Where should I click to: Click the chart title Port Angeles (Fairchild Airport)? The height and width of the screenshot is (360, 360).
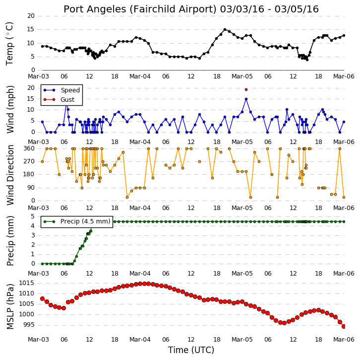[x=140, y=9]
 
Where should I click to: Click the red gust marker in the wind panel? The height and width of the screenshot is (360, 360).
[x=246, y=90]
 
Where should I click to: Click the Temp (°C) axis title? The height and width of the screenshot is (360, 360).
[x=9, y=44]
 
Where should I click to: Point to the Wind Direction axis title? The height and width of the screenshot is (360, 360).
[x=10, y=175]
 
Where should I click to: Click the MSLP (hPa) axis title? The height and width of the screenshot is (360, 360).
[x=10, y=307]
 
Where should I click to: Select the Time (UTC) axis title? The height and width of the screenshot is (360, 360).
[x=191, y=350]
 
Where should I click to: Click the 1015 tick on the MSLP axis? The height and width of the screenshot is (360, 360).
[x=27, y=283]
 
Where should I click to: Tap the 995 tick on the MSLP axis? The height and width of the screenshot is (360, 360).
[x=29, y=325]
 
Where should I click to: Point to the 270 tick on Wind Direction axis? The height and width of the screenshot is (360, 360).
[x=29, y=161]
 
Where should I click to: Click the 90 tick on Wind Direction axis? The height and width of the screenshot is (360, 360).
[x=31, y=188]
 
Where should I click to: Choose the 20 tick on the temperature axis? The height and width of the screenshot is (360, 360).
[x=31, y=16]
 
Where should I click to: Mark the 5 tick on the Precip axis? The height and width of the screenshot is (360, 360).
[x=33, y=216]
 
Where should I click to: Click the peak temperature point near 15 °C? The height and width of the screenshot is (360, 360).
[x=225, y=30]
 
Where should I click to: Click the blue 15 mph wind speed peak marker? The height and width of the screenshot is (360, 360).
[x=246, y=99]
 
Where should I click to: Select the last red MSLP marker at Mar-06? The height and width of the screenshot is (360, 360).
[x=344, y=326]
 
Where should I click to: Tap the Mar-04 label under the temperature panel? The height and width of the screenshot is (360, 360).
[x=140, y=76]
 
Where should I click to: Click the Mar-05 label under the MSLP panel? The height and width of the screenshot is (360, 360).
[x=242, y=340]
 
